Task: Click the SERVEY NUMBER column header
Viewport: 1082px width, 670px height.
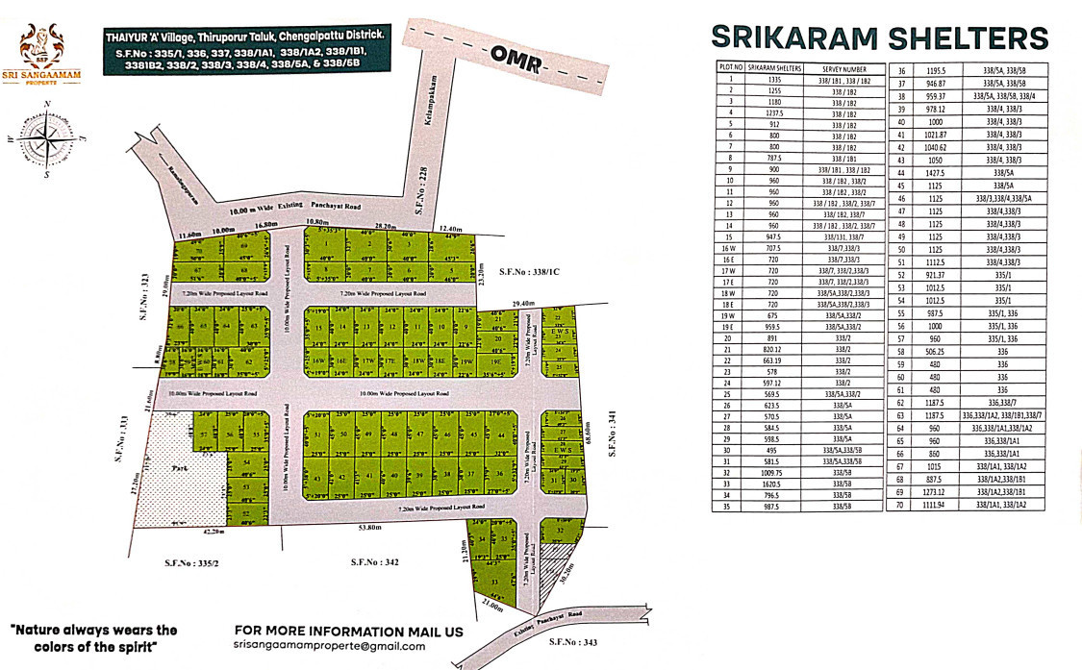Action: [x=843, y=69]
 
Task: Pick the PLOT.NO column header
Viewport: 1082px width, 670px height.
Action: [x=731, y=69]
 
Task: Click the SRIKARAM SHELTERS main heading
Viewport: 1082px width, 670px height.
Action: [x=878, y=37]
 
